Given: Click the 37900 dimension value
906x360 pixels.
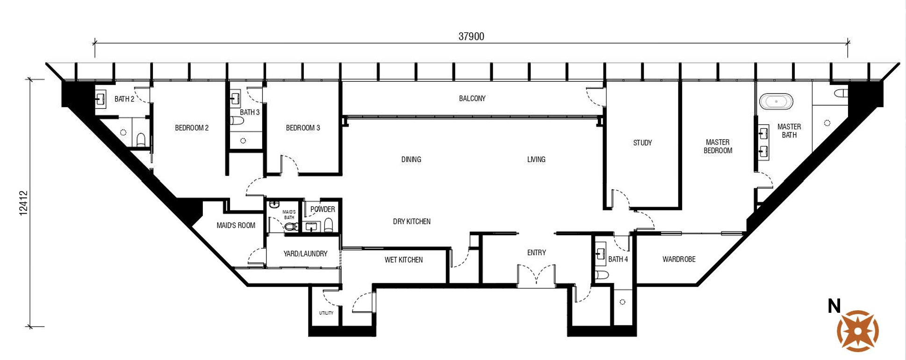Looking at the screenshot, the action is [471, 36].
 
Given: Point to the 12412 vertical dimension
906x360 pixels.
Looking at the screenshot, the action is [24, 203].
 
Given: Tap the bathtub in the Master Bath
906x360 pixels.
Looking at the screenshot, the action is [776, 101].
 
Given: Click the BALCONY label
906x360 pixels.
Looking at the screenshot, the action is [472, 98].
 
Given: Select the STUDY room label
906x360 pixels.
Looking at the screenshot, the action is [642, 143].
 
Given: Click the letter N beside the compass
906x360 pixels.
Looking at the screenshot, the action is [834, 306].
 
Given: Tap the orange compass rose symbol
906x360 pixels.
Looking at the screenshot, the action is [858, 331].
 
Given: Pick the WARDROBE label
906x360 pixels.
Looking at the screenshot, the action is [679, 259].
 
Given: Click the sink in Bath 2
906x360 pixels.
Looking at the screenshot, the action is [100, 99].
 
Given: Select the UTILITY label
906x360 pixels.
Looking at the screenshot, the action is [326, 313].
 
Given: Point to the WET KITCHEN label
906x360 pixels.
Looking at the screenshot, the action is [403, 259].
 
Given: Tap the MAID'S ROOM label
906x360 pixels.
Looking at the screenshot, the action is [236, 225].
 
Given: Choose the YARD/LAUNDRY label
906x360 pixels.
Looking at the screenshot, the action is [305, 253].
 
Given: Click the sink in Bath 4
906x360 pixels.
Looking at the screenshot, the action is [601, 254].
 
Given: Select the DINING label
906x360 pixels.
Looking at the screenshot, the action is [411, 159].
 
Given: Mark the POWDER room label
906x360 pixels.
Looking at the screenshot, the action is [323, 209].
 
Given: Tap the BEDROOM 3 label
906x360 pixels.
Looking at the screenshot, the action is [303, 128].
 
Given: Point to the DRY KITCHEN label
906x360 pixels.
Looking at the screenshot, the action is [411, 221].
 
